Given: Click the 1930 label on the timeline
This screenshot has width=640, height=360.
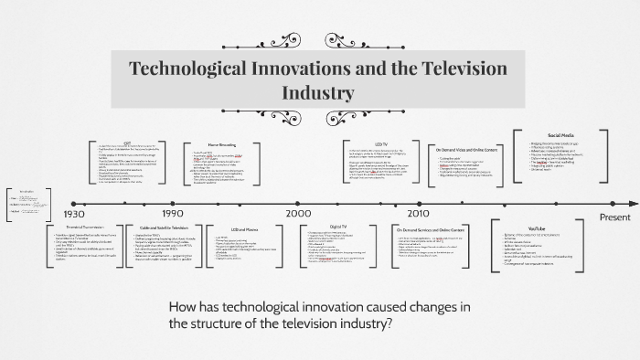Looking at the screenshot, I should (75, 213).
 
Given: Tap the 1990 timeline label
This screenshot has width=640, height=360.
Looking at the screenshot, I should (173, 213).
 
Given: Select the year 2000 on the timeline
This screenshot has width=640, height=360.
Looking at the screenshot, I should (299, 213).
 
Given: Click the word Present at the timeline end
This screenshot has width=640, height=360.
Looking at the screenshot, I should (614, 217).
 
